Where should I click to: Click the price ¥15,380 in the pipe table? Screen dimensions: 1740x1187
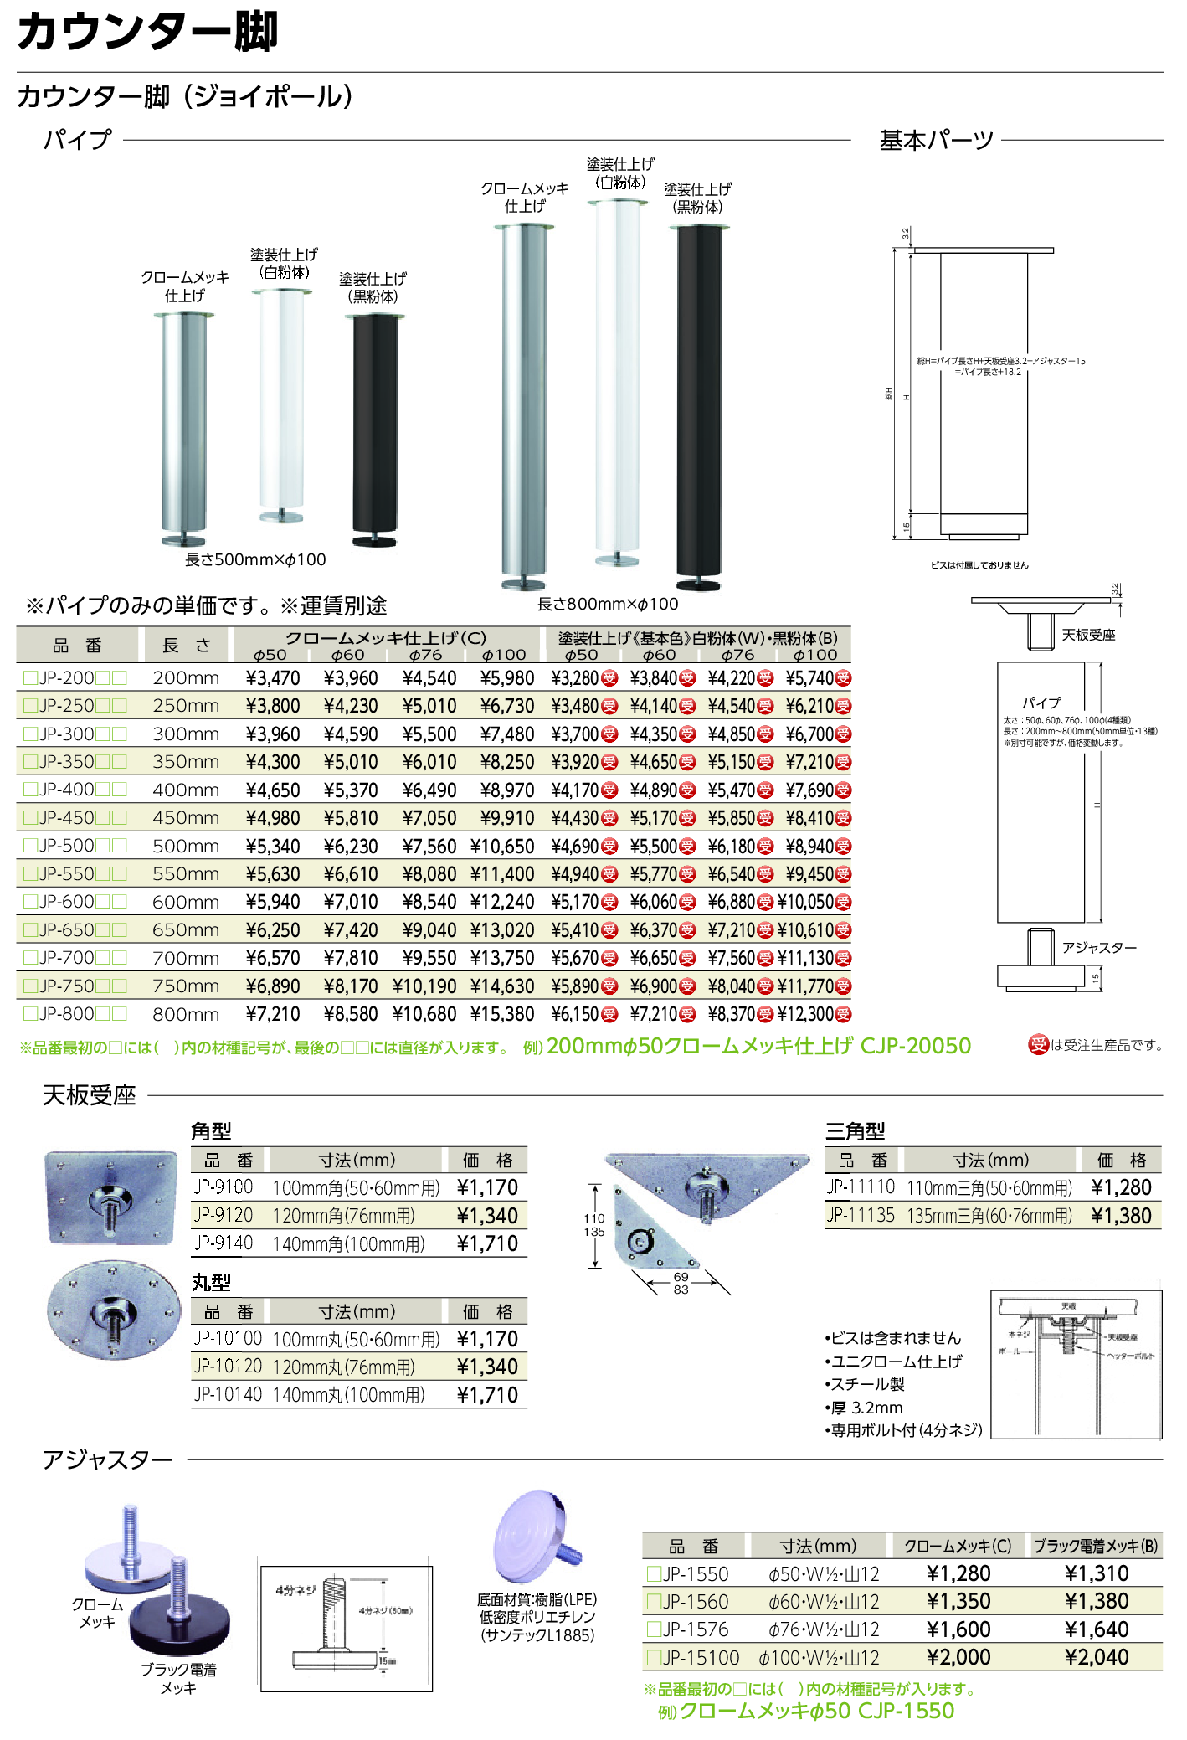pyautogui.click(x=502, y=1014)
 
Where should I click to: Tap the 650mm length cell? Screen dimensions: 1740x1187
pyautogui.click(x=186, y=929)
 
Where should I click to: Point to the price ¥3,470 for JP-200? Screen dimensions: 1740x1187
pyautogui.click(x=273, y=678)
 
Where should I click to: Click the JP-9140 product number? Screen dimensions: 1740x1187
pyautogui.click(x=224, y=1243)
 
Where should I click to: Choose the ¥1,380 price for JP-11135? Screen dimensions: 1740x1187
pyautogui.click(x=1121, y=1216)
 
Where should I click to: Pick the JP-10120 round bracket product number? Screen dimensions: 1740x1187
pyautogui.click(x=228, y=1367)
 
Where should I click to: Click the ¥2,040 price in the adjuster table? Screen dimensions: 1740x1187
pyautogui.click(x=1097, y=1657)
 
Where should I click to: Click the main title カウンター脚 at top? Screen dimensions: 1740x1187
pyautogui.click(x=147, y=32)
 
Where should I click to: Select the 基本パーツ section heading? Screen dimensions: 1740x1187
pyautogui.click(x=936, y=140)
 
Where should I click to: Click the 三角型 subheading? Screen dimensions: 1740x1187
pyautogui.click(x=855, y=1131)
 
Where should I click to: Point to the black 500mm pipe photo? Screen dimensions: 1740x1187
pyautogui.click(x=374, y=431)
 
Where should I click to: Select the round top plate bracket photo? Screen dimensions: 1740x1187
pyautogui.click(x=114, y=1310)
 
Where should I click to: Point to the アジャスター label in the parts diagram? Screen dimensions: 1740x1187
pyautogui.click(x=1099, y=948)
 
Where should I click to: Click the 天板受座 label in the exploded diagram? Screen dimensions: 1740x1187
pyautogui.click(x=1088, y=636)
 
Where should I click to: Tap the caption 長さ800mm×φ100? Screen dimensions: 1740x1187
pyautogui.click(x=608, y=604)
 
